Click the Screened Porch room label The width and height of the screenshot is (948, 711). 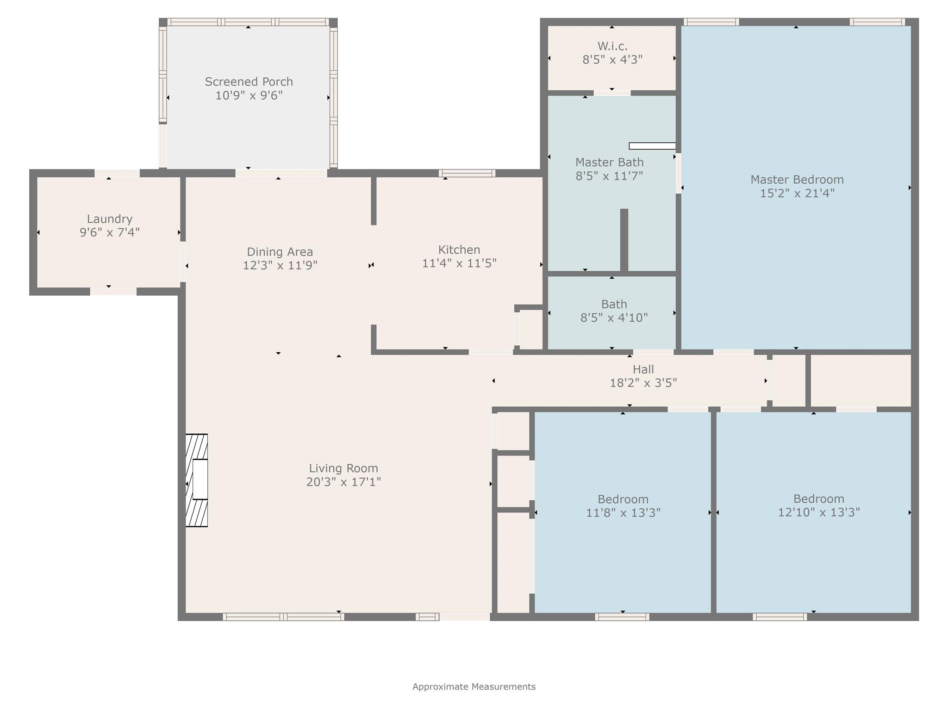249,82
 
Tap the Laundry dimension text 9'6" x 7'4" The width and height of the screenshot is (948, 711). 110,232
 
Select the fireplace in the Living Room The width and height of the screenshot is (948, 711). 197,480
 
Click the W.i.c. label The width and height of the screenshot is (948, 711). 612,46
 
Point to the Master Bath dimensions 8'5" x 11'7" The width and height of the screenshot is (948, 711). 609,176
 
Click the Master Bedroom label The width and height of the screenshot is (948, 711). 797,179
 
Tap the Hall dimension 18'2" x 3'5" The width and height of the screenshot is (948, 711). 643,383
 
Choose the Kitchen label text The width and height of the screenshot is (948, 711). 459,249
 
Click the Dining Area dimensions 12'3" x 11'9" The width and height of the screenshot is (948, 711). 280,265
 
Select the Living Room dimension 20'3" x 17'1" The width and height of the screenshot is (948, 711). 343,482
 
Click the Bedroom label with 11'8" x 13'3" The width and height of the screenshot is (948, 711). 623,499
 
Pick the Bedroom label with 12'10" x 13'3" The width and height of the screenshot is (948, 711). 818,499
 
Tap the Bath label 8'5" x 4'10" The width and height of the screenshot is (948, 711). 614,304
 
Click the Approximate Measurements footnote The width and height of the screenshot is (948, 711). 474,686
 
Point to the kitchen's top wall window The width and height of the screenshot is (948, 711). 467,173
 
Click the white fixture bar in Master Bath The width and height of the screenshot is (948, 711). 652,146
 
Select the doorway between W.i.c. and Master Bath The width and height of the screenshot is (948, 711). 612,93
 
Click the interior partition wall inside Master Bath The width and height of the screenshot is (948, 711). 624,240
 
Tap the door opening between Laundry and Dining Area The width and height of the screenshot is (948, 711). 183,262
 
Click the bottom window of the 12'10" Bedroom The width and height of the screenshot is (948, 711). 780,617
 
